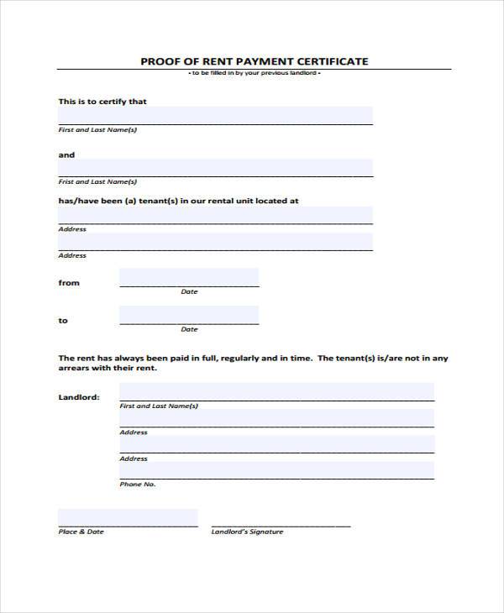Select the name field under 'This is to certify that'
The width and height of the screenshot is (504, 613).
(x=215, y=115)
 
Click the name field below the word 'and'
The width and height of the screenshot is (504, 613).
(x=215, y=167)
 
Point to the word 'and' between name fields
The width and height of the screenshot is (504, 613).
(x=66, y=155)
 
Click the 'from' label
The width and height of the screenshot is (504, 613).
(x=69, y=283)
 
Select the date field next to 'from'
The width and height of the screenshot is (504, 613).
(x=189, y=277)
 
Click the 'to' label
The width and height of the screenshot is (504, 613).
(x=63, y=321)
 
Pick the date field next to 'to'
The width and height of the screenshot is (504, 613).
(x=189, y=315)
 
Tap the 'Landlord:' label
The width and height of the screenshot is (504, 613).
(x=79, y=397)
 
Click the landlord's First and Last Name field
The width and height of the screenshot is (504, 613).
(x=276, y=391)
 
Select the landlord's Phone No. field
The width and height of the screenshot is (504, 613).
(x=276, y=470)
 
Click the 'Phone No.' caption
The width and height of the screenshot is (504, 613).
(x=138, y=485)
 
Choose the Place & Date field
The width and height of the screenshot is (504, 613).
(x=128, y=517)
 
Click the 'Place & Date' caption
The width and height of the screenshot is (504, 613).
(x=81, y=532)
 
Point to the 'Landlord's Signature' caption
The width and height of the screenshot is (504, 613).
(x=247, y=532)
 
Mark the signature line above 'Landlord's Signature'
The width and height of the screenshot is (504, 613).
(x=281, y=525)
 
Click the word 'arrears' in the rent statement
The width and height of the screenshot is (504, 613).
(x=77, y=369)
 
